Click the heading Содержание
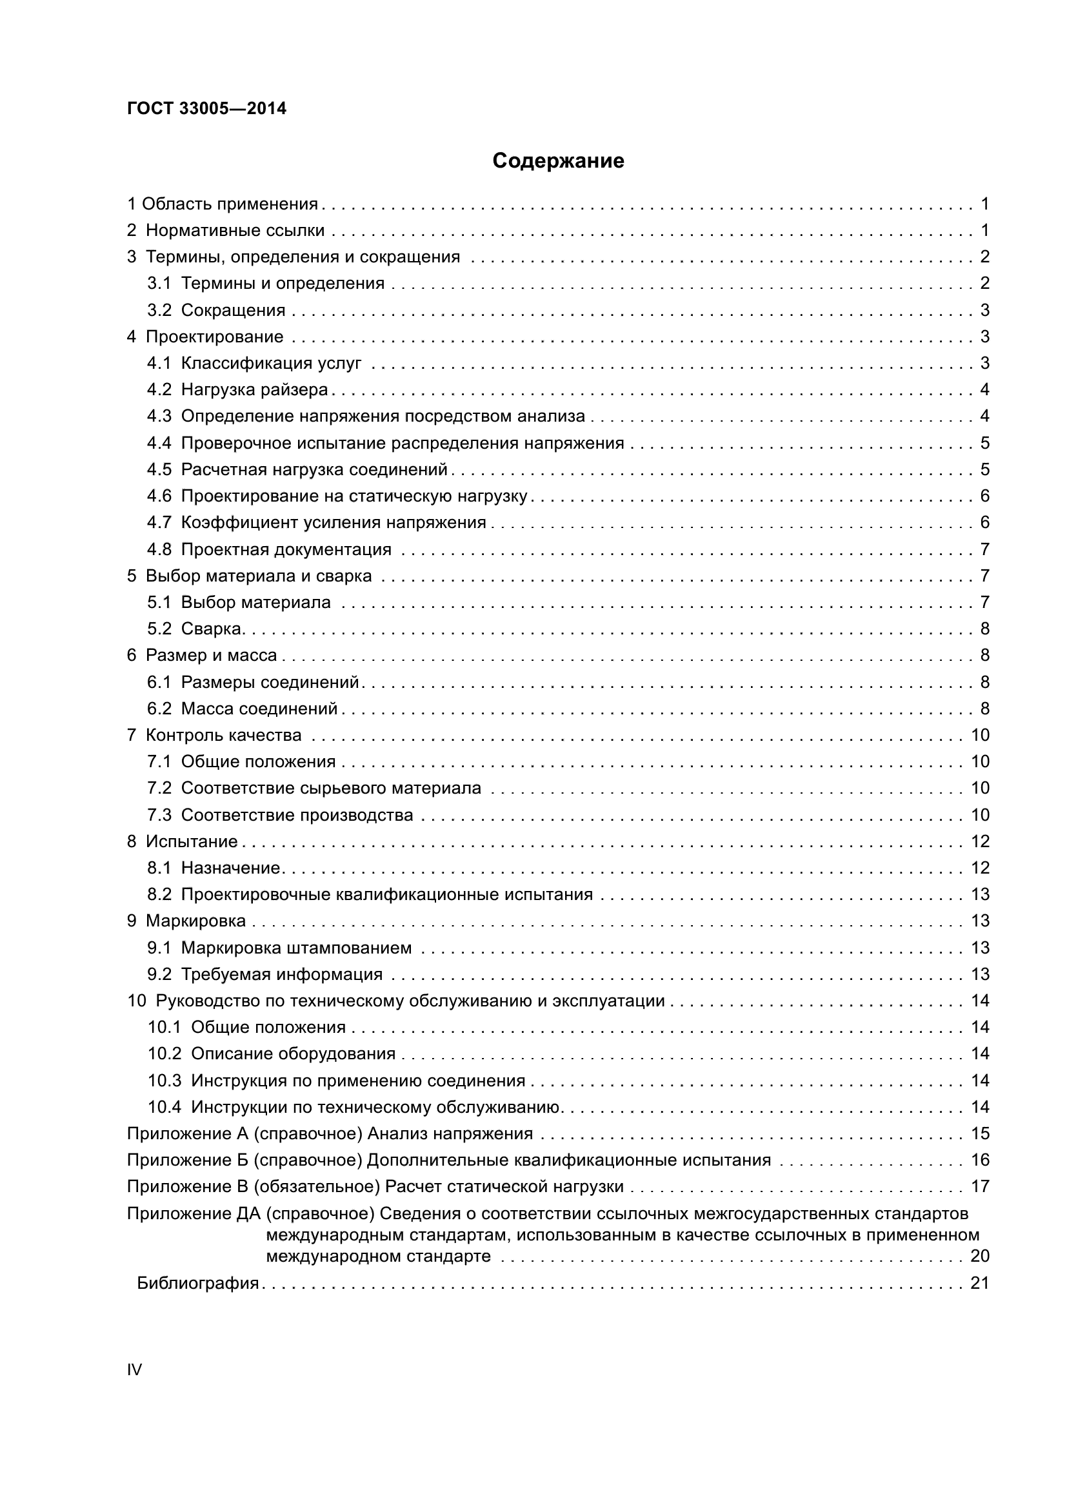pos(558,161)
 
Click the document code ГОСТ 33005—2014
pos(206,108)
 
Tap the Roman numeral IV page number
pos(134,1369)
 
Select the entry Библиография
pos(198,1283)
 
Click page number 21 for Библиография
pos(979,1283)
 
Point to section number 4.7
pos(159,522)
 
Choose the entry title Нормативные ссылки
pos(235,230)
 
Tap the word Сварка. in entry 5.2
pos(213,629)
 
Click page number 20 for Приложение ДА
pos(980,1256)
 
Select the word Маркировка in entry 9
pos(196,921)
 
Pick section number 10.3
pos(165,1081)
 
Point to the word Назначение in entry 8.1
pos(232,868)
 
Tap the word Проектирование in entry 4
pos(215,337)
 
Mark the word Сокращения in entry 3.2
pos(234,310)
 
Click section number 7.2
pos(159,787)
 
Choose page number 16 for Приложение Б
pos(981,1160)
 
